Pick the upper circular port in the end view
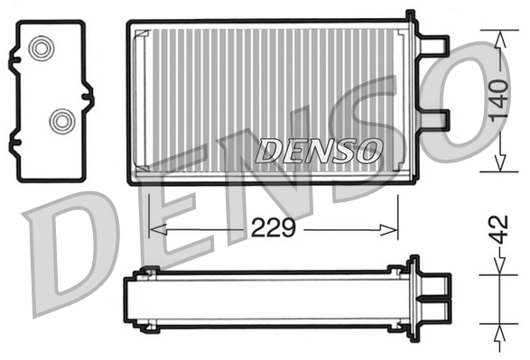42,50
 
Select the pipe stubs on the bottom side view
435,298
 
